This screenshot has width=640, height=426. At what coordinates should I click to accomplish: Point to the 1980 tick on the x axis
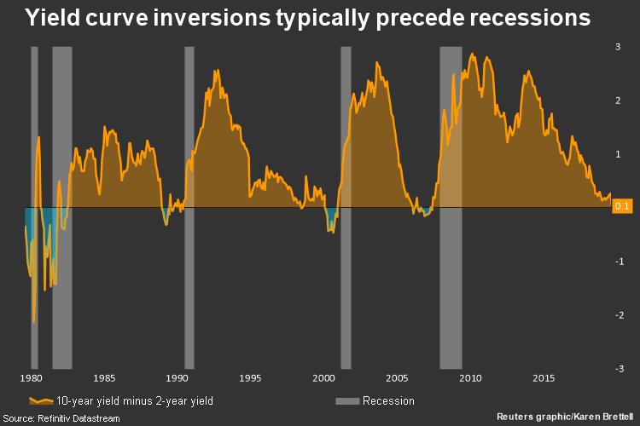pos(32,377)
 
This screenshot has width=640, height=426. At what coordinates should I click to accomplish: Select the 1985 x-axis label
pos(105,377)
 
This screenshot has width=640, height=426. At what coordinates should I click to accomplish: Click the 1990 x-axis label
pos(177,377)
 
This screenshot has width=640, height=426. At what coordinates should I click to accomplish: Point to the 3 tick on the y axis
pos(617,47)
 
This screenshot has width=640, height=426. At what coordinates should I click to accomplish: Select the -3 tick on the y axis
pos(617,368)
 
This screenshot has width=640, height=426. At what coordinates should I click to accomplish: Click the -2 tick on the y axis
pos(617,314)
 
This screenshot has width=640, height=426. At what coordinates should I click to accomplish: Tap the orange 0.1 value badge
pos(621,206)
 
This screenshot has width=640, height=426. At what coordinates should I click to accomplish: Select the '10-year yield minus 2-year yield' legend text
pos(135,400)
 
